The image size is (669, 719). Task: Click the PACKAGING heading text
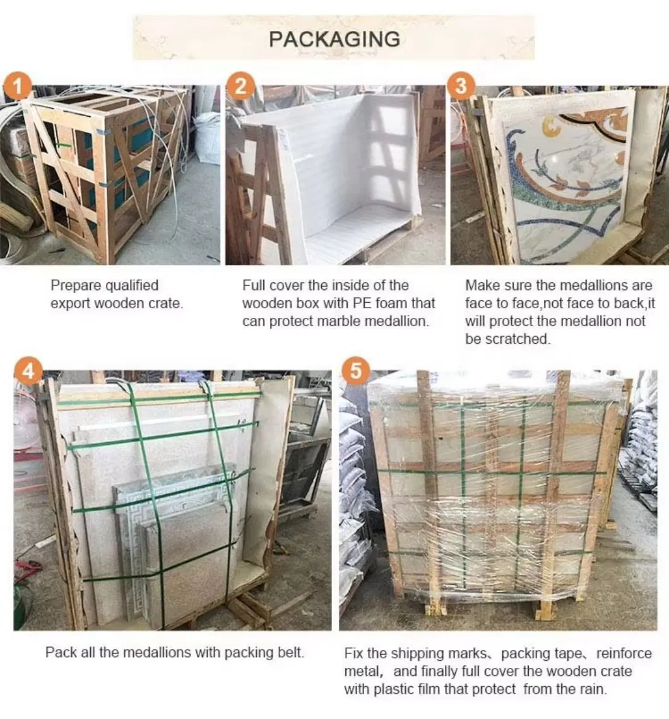pos(334,39)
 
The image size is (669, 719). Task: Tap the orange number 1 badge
pos(18,86)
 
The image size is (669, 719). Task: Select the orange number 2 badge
pos(240,86)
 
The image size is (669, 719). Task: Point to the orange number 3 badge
pos(461,86)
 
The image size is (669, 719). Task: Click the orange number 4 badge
pos(28,372)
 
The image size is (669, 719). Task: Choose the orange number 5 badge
pos(355,372)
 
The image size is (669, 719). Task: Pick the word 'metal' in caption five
pos(362,670)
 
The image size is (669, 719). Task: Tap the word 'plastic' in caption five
pos(391,689)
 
